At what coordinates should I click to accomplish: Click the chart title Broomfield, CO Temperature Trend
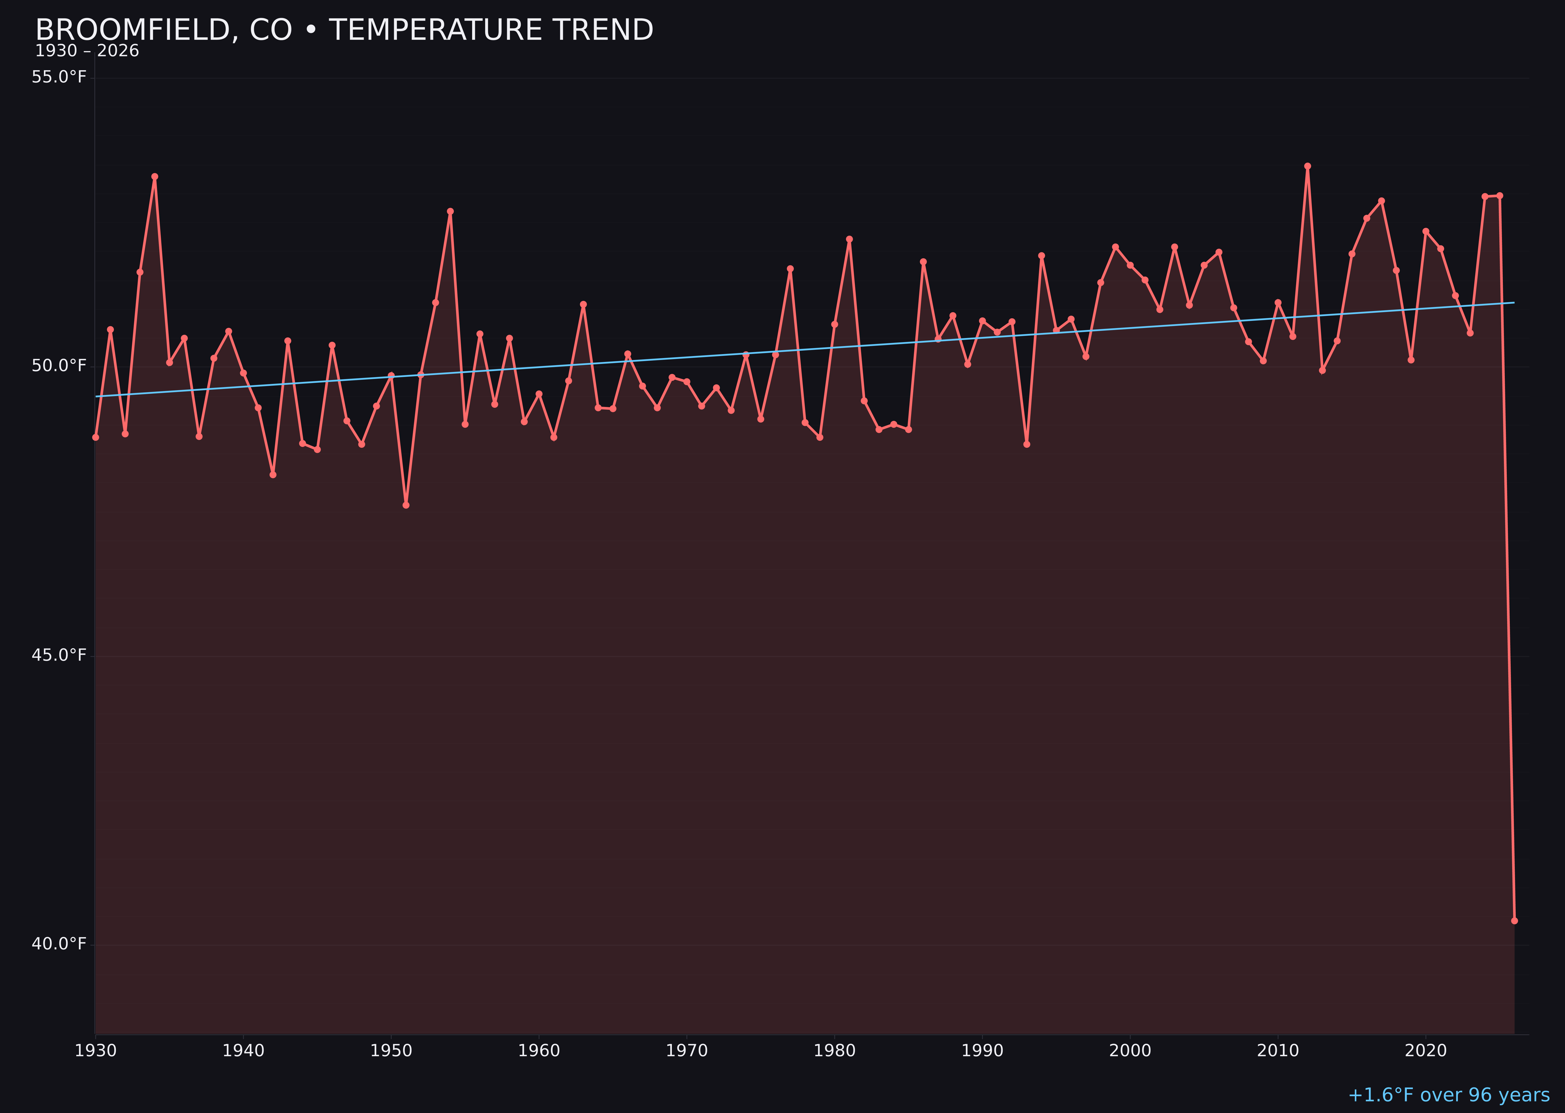coord(344,30)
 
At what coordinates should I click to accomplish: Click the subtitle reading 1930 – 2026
coord(87,51)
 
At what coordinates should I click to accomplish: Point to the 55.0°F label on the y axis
coord(59,77)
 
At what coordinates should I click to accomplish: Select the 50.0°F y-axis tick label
coord(59,366)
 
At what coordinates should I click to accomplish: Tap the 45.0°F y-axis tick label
coord(59,655)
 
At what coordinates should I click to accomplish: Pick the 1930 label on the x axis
coord(96,1051)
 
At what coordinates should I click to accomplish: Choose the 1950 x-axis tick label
coord(391,1051)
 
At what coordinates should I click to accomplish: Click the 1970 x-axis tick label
coord(687,1051)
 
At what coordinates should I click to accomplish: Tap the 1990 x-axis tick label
coord(982,1051)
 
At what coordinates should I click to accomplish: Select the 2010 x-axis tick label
coord(1278,1051)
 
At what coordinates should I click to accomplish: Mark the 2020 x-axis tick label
coord(1425,1051)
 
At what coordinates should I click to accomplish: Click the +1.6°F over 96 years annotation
coord(1448,1095)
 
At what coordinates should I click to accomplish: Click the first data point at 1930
coord(96,437)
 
